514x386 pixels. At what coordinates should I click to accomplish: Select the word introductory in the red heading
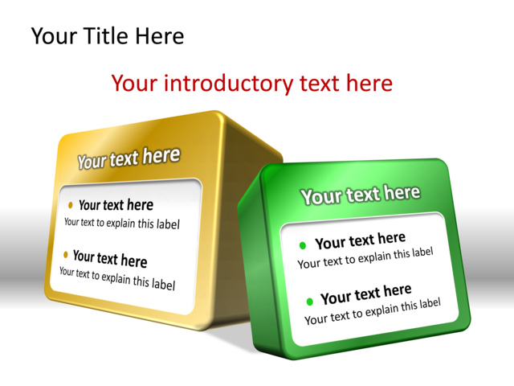227,83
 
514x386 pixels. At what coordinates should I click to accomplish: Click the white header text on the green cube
360,194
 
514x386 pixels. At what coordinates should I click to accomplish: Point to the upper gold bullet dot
71,204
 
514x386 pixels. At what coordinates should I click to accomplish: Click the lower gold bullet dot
66,254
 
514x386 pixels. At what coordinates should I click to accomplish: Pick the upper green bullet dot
303,245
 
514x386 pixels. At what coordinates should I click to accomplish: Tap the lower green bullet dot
310,302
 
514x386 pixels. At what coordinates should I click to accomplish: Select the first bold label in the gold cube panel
116,206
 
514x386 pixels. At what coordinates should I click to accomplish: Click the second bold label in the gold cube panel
110,258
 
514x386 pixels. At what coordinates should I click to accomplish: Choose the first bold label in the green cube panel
360,240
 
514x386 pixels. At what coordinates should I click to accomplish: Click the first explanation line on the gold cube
121,224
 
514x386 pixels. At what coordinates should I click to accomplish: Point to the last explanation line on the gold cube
116,277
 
